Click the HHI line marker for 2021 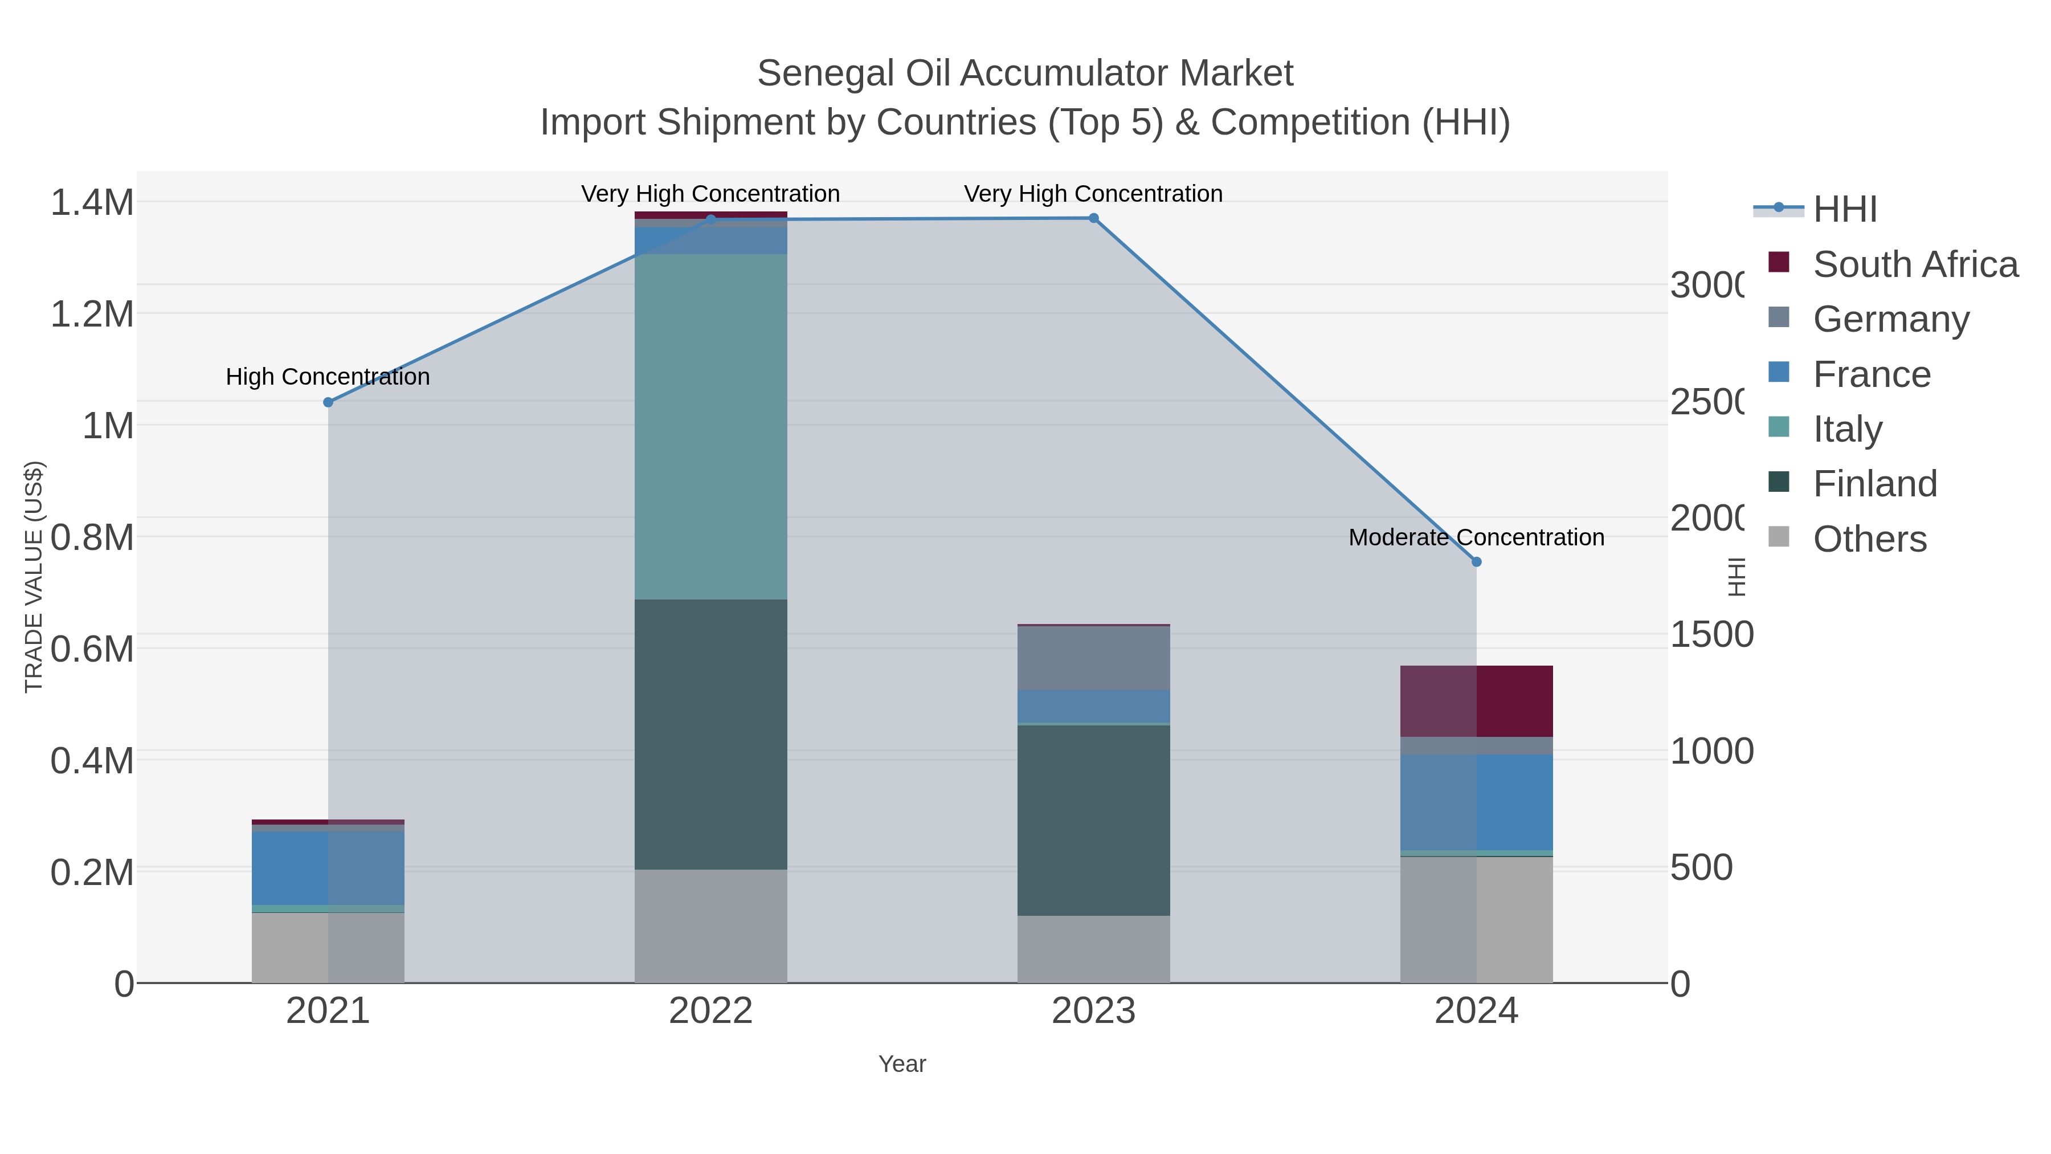pyautogui.click(x=328, y=402)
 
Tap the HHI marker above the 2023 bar pyautogui.click(x=1093, y=218)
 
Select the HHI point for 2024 pyautogui.click(x=1476, y=561)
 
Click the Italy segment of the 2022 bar pyautogui.click(x=710, y=426)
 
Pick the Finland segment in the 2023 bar pyautogui.click(x=1093, y=820)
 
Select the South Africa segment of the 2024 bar pyautogui.click(x=1476, y=701)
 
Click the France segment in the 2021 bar pyautogui.click(x=328, y=868)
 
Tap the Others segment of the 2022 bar pyautogui.click(x=710, y=925)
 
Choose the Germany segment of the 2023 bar pyautogui.click(x=1093, y=658)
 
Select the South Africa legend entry pyautogui.click(x=1914, y=264)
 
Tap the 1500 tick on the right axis pyautogui.click(x=1711, y=635)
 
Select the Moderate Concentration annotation pyautogui.click(x=1476, y=537)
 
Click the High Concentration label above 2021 pyautogui.click(x=328, y=377)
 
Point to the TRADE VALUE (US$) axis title pyautogui.click(x=34, y=577)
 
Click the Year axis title pyautogui.click(x=902, y=1064)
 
